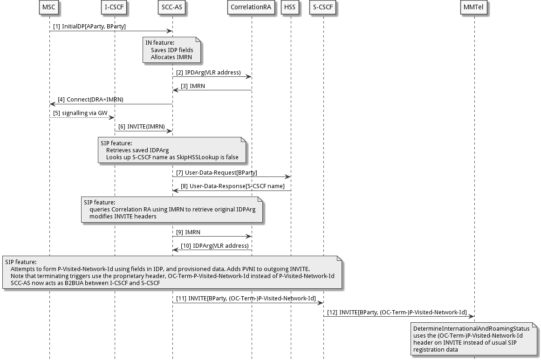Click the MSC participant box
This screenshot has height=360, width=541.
[x=49, y=8]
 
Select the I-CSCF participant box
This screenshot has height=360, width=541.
[x=114, y=8]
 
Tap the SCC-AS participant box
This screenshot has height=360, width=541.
[x=172, y=8]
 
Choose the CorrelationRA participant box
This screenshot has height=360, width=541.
[x=251, y=8]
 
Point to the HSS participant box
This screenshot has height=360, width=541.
[x=290, y=8]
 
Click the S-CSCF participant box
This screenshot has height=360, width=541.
[x=323, y=8]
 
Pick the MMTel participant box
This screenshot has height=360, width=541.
[x=474, y=8]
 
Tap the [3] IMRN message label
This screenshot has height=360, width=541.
[x=192, y=86]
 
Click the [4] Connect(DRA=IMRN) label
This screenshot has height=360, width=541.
[x=90, y=100]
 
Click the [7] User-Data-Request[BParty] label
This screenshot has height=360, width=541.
[x=216, y=172]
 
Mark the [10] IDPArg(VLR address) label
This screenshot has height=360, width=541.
[x=214, y=245]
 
